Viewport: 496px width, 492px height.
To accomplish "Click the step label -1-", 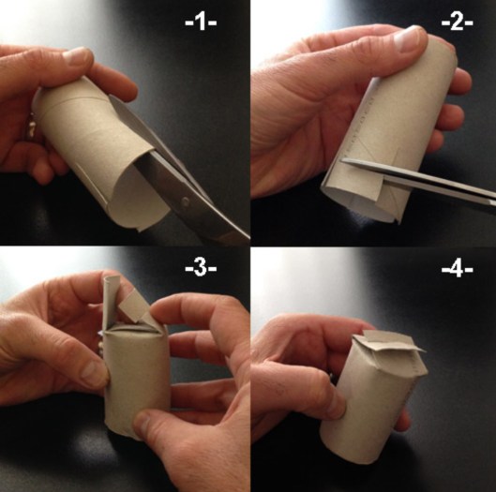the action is (201, 22).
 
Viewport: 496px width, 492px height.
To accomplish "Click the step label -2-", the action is (458, 22).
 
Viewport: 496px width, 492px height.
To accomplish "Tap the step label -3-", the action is (201, 268).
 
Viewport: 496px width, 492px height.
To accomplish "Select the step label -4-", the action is (458, 269).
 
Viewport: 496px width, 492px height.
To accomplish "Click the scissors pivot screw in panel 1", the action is (185, 201).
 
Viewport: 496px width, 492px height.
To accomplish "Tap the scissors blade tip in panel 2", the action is (343, 161).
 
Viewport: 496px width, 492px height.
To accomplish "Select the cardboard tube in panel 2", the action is (389, 127).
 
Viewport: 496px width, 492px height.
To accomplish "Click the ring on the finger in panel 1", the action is (31, 128).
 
